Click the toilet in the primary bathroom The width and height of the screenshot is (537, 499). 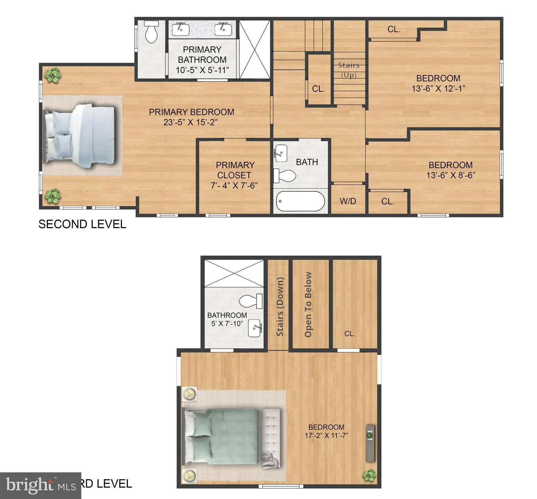tap(151, 32)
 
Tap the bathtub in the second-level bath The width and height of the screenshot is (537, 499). tap(301, 201)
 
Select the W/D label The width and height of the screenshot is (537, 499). tap(348, 201)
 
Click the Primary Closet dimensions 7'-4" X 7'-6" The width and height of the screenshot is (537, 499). tap(234, 186)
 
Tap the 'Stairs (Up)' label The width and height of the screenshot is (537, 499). tap(349, 70)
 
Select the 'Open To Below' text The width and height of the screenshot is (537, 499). tap(308, 304)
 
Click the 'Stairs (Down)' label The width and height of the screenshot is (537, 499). tap(280, 306)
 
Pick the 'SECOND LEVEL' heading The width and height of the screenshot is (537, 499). tap(82, 224)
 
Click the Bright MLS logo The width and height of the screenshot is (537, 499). tap(40, 485)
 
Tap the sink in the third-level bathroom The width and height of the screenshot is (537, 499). tap(255, 328)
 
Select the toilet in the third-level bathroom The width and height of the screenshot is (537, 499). tap(250, 301)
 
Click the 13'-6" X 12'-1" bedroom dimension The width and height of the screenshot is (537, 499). tap(438, 88)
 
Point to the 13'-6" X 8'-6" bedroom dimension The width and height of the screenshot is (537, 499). tap(451, 175)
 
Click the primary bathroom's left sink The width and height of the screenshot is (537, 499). tap(181, 29)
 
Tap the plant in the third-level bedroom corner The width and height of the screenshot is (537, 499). tap(369, 475)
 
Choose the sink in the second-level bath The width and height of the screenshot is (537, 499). tap(280, 153)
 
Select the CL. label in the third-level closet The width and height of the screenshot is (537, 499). tap(350, 334)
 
